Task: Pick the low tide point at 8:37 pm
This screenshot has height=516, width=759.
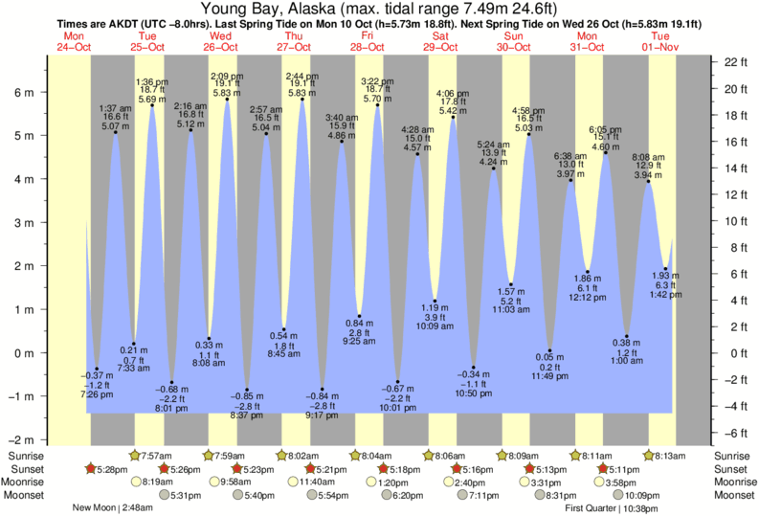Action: click(x=246, y=390)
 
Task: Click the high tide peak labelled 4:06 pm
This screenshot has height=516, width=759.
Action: click(x=453, y=117)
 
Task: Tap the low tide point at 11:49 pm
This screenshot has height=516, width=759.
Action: click(x=550, y=350)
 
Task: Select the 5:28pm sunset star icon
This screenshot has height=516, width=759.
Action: click(x=91, y=469)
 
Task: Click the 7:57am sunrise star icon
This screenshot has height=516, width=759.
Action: click(x=134, y=455)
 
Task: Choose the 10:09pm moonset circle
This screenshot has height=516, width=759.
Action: click(x=618, y=495)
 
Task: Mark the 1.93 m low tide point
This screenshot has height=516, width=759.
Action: click(x=666, y=269)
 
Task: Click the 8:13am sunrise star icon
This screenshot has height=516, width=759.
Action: click(x=649, y=455)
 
